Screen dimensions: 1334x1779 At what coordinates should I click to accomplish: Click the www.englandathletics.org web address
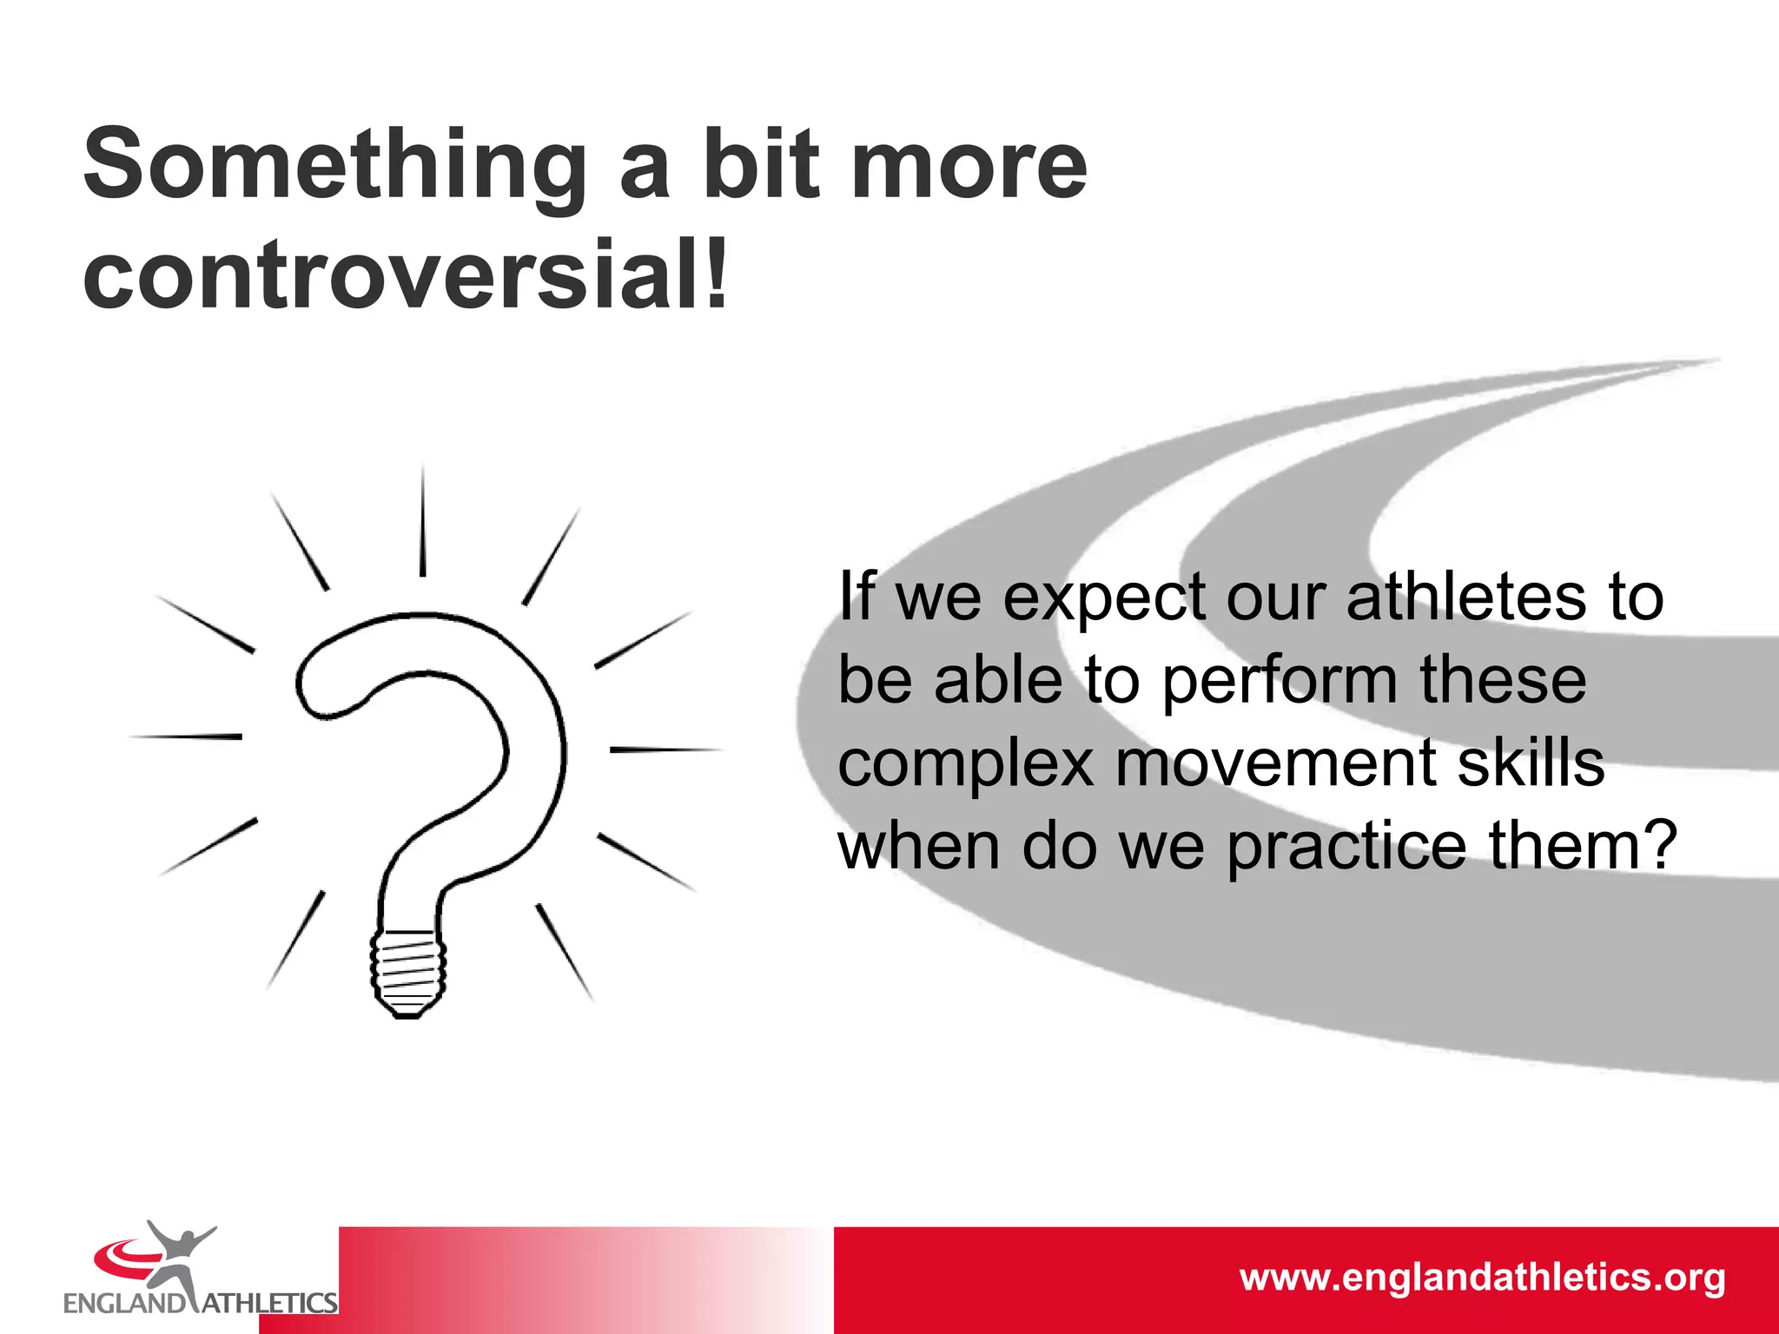tap(1482, 1278)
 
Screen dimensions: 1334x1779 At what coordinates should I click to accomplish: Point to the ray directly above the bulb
tap(423, 521)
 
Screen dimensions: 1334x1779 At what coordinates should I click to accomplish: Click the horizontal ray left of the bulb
tap(186, 736)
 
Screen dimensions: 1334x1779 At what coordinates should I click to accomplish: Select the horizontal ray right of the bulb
tap(665, 749)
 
